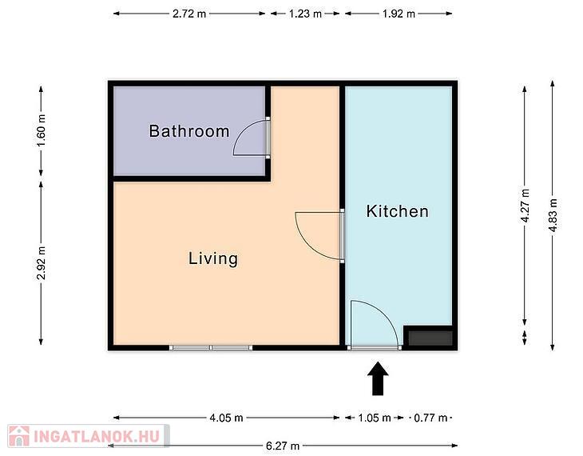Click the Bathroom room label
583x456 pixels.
(189, 131)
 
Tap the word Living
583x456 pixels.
(213, 258)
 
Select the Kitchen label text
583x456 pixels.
(397, 211)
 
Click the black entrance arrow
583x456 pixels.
(378, 378)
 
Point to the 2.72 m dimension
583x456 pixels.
(189, 14)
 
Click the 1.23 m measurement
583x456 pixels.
(305, 14)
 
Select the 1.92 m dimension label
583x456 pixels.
(399, 14)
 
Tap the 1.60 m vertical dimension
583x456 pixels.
(42, 130)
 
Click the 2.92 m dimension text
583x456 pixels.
(42, 263)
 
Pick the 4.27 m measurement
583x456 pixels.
(525, 206)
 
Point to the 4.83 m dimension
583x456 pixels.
(553, 215)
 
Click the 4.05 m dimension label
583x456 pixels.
(227, 418)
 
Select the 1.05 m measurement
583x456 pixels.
(375, 418)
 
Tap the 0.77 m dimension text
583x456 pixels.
(430, 418)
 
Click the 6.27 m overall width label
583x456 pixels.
(283, 446)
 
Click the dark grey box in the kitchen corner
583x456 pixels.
(430, 338)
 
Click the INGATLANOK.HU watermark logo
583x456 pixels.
(89, 436)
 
